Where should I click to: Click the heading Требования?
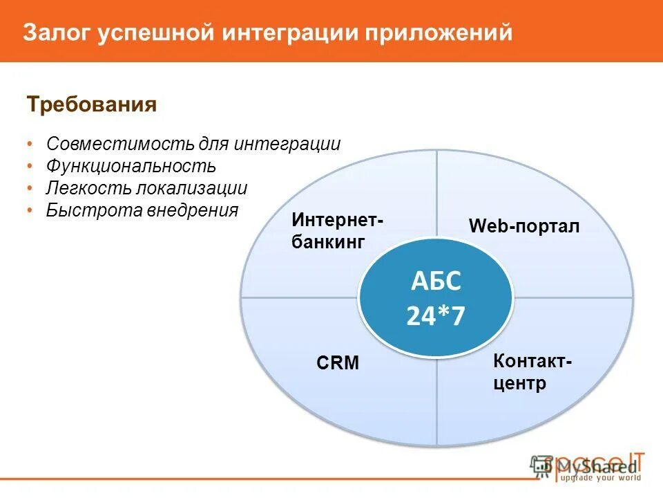click(92, 105)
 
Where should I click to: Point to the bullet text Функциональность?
click(131, 166)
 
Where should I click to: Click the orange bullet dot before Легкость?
click(30, 189)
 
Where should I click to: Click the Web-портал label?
click(524, 226)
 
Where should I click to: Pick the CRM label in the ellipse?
click(338, 363)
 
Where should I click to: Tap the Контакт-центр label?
click(532, 372)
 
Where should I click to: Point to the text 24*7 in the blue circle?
click(435, 316)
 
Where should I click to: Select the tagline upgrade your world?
click(601, 478)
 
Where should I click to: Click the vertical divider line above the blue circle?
click(437, 194)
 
